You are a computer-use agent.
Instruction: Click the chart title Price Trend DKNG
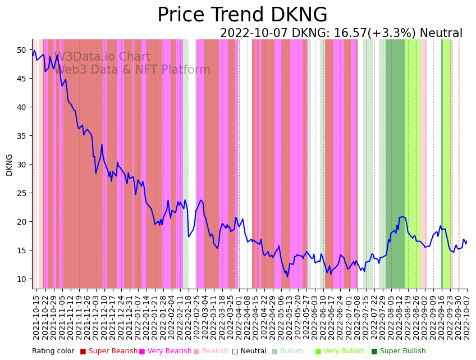click(x=242, y=15)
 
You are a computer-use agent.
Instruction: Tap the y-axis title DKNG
click(x=9, y=165)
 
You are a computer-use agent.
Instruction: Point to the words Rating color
click(x=53, y=352)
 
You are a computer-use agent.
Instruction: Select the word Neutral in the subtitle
click(x=441, y=34)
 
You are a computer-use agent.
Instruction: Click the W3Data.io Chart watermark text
click(x=102, y=57)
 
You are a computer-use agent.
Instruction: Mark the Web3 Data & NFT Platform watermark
click(x=132, y=70)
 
